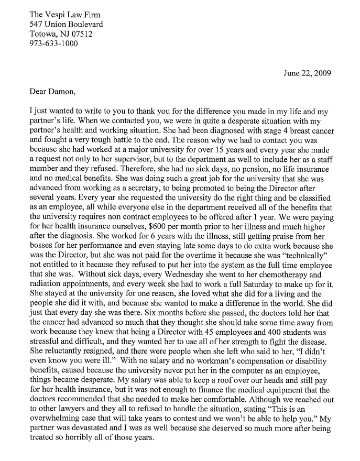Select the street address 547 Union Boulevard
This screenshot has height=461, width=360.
pos(66,24)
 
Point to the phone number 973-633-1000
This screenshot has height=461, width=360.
pos(54,43)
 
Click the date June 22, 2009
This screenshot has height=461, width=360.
pos(307,73)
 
